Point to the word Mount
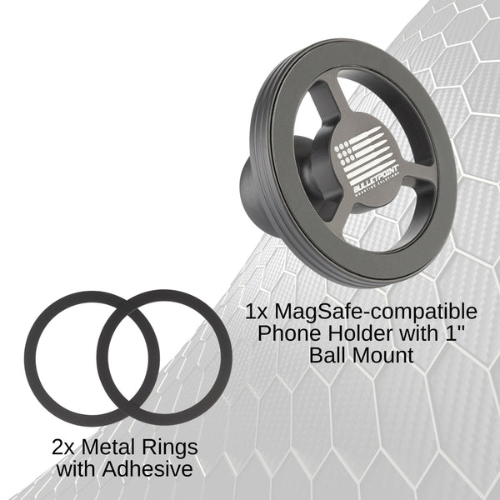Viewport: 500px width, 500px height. pyautogui.click(x=384, y=356)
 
